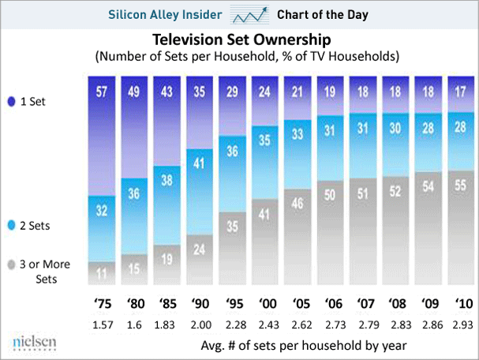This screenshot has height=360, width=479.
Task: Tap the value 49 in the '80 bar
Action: pos(134,90)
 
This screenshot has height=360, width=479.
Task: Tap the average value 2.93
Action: pos(461,324)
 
